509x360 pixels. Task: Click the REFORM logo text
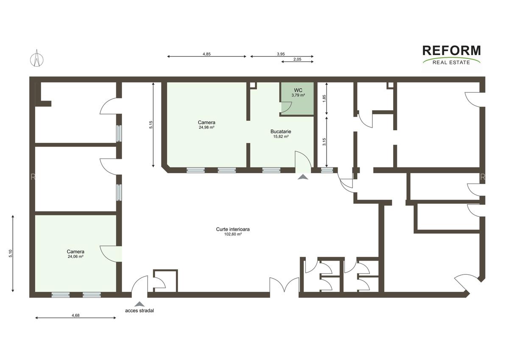point(452,51)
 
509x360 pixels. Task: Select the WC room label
point(298,90)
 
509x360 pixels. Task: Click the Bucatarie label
point(280,131)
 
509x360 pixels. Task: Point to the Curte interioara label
point(232,229)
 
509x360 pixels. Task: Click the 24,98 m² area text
point(206,127)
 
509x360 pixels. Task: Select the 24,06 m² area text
point(75,257)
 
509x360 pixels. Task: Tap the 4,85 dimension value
point(207,54)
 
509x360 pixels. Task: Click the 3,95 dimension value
point(281,54)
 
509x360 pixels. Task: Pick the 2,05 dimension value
point(297,59)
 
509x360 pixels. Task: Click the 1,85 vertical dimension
point(324,98)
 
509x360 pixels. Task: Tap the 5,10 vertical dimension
point(10,253)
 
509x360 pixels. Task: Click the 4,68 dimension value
point(76,315)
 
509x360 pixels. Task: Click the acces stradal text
point(139,310)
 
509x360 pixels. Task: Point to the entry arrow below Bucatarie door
point(303,177)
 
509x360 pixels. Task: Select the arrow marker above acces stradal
point(139,304)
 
